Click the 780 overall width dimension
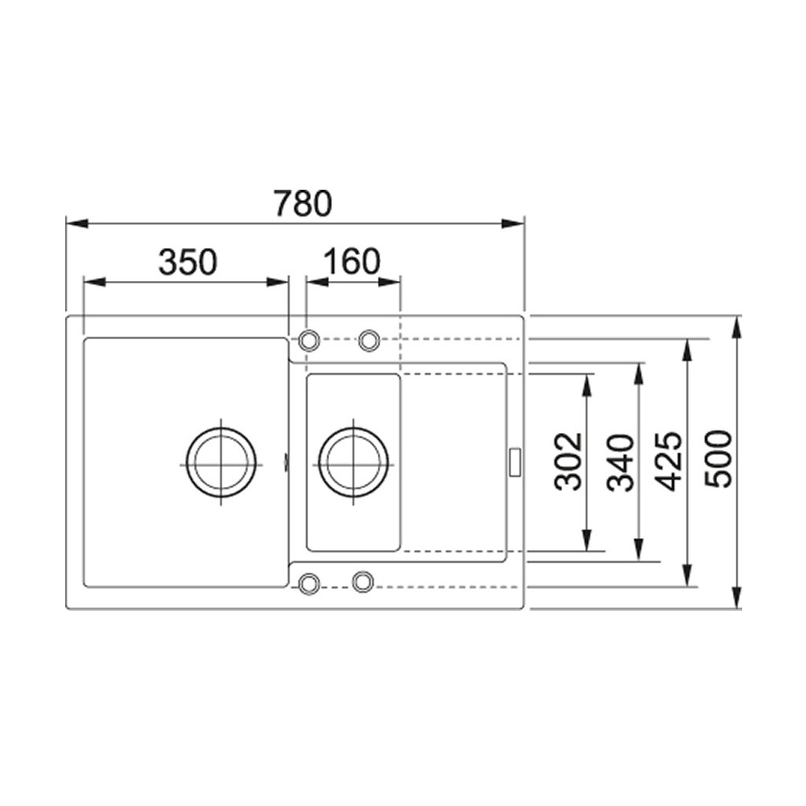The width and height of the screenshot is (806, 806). pos(303,204)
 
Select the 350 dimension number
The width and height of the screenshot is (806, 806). pos(187,262)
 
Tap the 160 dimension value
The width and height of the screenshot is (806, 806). pos(351,262)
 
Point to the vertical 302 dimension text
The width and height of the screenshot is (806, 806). pos(568,461)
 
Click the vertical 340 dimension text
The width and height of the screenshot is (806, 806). pos(622,462)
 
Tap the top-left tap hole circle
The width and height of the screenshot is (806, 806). pos(309,341)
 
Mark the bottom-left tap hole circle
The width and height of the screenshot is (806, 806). pos(309,582)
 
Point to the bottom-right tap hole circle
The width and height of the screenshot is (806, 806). pos(362,582)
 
